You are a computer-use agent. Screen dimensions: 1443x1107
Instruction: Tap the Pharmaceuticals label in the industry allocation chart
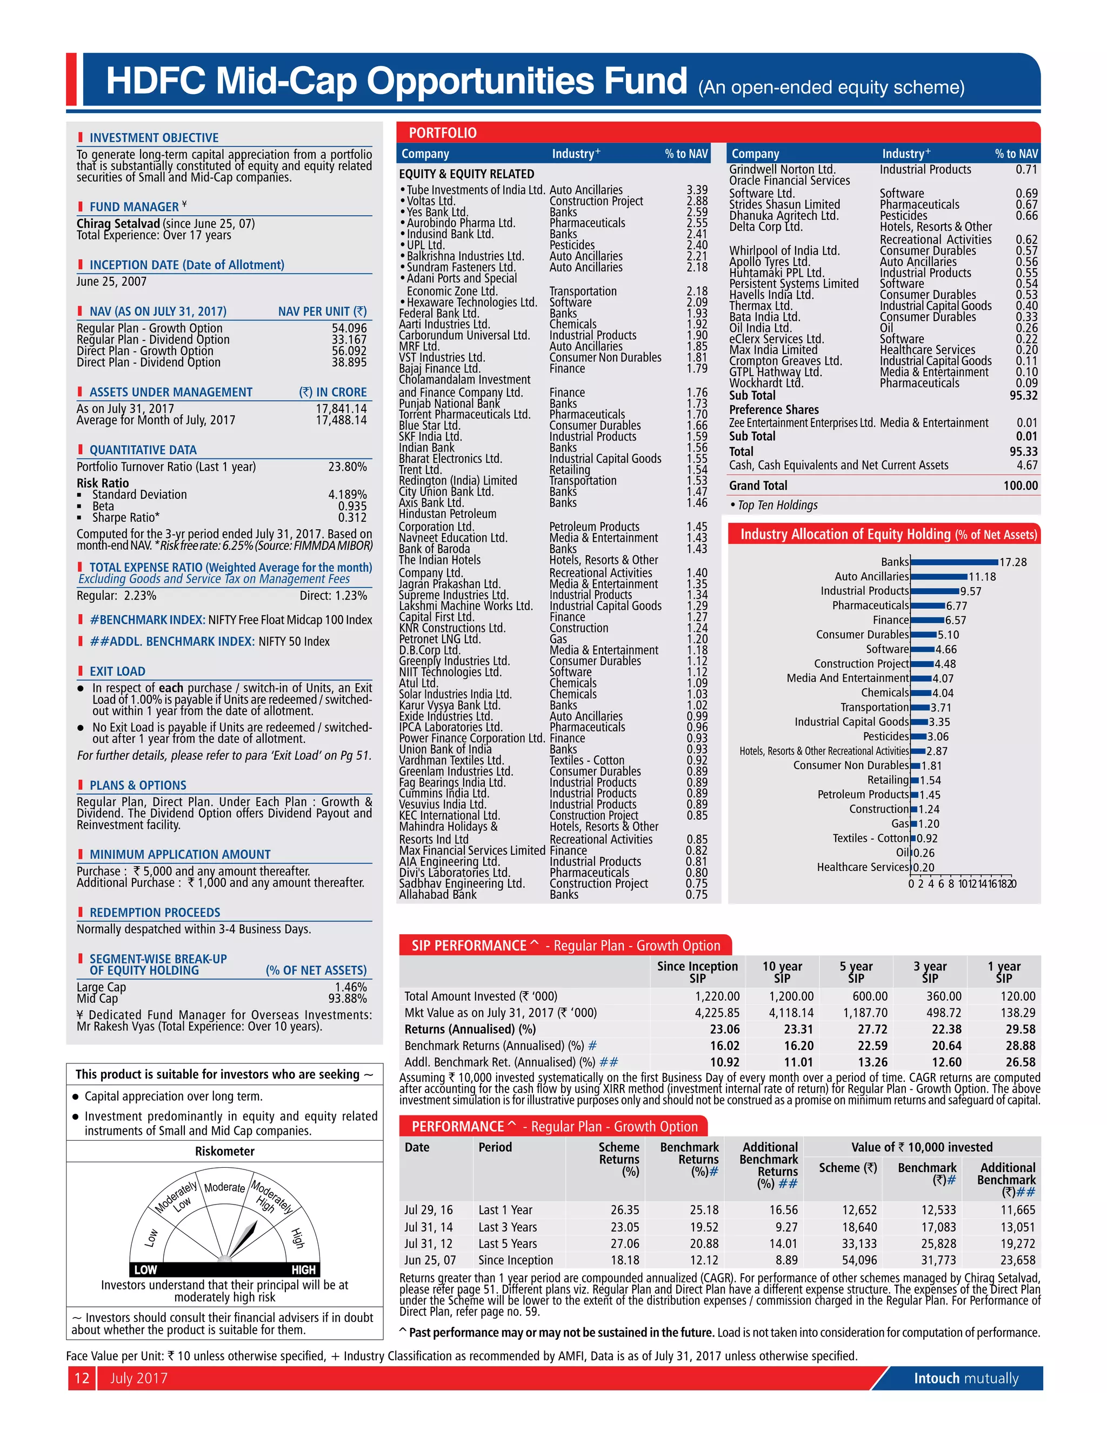tap(870, 606)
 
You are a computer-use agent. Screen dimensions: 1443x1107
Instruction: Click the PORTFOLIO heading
tap(442, 133)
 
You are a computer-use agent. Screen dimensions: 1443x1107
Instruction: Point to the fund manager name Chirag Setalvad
tap(118, 223)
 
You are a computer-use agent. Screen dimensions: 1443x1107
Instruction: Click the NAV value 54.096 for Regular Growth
tap(349, 328)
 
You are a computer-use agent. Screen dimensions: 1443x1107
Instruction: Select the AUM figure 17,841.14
tap(341, 409)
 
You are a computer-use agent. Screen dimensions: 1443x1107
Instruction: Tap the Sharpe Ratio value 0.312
tap(352, 517)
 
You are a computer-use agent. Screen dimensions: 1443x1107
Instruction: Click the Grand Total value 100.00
tap(1020, 486)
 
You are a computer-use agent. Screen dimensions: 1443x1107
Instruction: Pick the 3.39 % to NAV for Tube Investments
tap(697, 190)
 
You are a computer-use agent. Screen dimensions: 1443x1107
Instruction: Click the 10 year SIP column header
tap(782, 972)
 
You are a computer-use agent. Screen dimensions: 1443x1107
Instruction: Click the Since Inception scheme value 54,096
tap(859, 1260)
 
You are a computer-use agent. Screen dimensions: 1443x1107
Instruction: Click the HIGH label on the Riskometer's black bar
tap(303, 1269)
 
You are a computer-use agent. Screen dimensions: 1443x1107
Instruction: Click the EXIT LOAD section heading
tap(117, 671)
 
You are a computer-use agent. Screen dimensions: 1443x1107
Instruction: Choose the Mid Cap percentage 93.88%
tap(351, 999)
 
